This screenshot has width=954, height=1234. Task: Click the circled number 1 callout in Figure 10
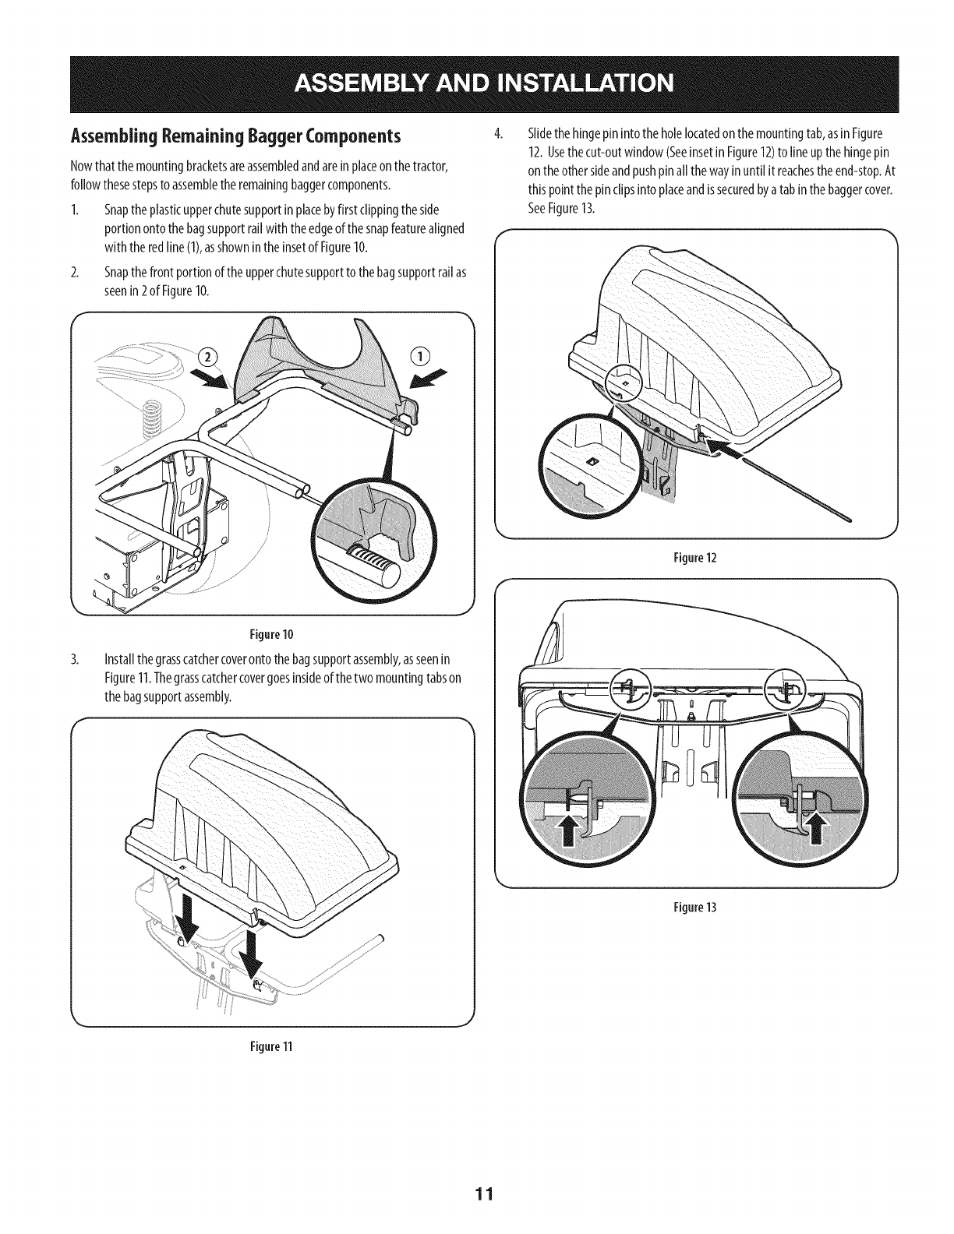[x=421, y=355]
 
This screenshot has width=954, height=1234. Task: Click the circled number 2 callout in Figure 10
[x=208, y=358]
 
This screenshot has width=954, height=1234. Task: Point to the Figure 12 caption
[x=695, y=558]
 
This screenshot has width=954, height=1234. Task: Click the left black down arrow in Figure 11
[x=187, y=918]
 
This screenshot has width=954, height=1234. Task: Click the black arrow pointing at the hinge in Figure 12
[x=729, y=450]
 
